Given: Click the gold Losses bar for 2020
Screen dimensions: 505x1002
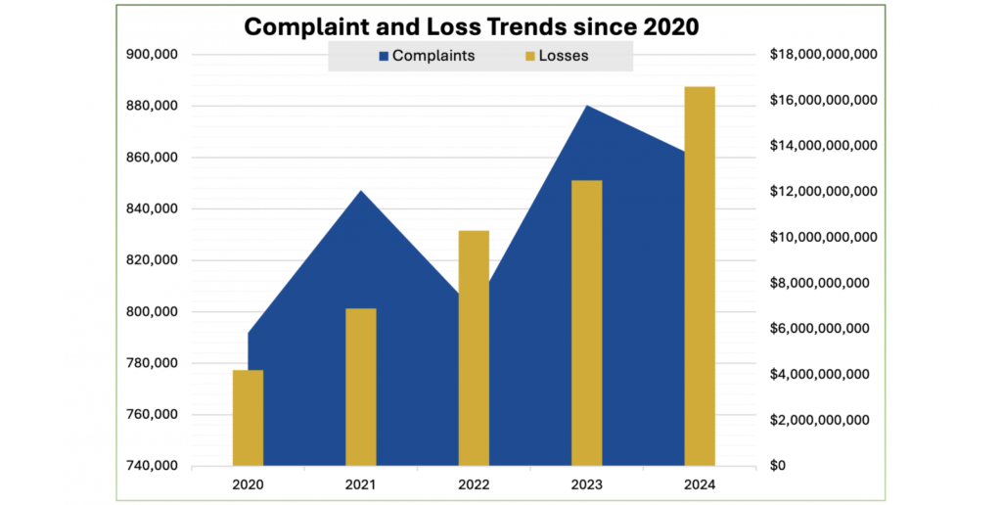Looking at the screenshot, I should pyautogui.click(x=248, y=417).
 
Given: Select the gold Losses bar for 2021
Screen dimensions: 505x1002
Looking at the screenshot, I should pyautogui.click(x=361, y=387).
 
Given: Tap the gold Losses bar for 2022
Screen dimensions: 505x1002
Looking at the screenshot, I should pyautogui.click(x=474, y=347).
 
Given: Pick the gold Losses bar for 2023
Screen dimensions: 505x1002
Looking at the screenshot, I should pyautogui.click(x=587, y=323).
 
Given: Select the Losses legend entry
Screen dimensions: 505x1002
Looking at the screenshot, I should pyautogui.click(x=555, y=56).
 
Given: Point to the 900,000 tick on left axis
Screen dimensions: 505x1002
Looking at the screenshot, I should pyautogui.click(x=152, y=55).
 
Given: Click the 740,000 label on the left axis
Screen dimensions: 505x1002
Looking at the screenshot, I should pyautogui.click(x=152, y=466).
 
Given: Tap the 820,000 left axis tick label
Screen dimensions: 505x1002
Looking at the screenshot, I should pyautogui.click(x=152, y=260).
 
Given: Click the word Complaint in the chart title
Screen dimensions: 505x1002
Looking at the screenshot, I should pyautogui.click(x=302, y=26).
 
